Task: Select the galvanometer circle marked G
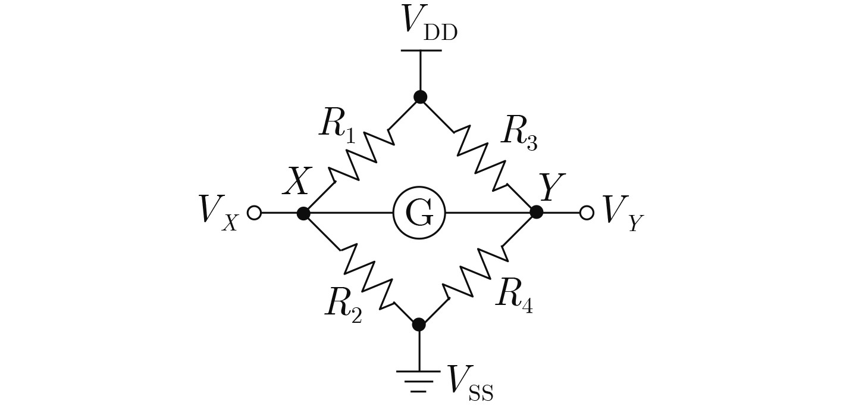click(x=419, y=213)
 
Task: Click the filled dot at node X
click(x=303, y=213)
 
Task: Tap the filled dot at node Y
click(x=536, y=212)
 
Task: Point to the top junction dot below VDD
click(x=420, y=97)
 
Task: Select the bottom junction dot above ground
click(x=419, y=325)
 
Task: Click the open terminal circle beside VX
click(x=254, y=213)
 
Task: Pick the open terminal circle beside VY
click(x=587, y=213)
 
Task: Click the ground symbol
click(x=419, y=381)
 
